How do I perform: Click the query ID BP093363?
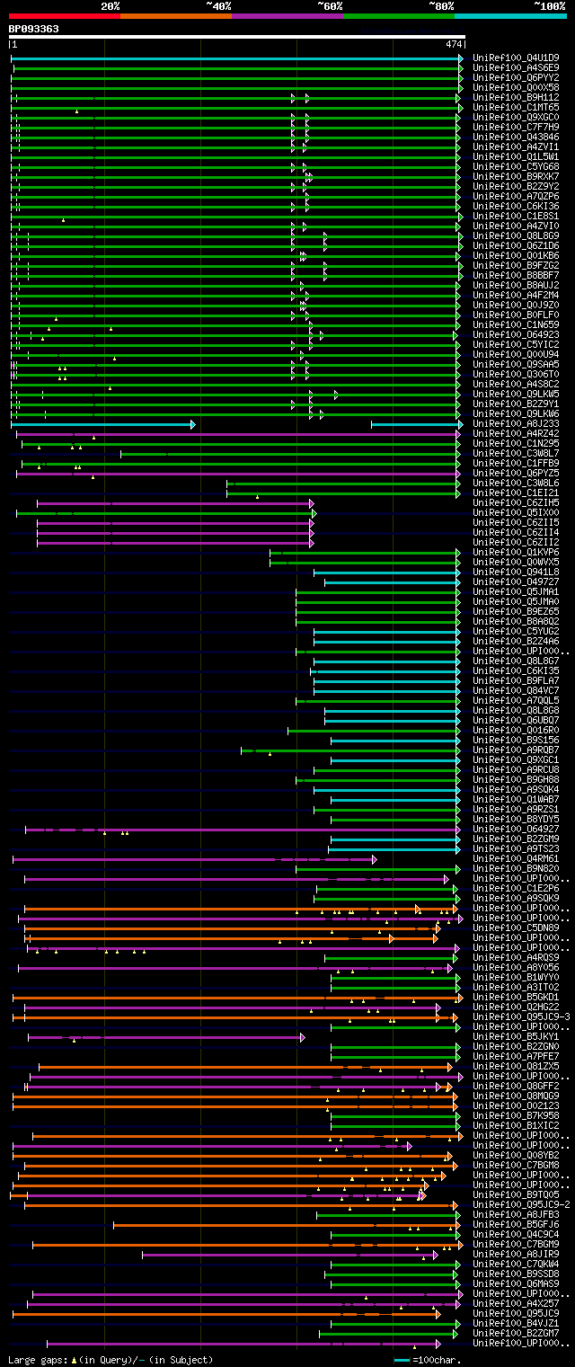(34, 29)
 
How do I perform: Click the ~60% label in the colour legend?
(330, 6)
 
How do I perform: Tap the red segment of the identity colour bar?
(64, 16)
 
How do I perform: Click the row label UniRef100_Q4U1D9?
(515, 58)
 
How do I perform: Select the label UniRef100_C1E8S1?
(515, 216)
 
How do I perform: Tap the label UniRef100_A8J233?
(515, 423)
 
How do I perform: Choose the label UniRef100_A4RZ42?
(515, 433)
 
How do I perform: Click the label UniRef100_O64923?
(515, 334)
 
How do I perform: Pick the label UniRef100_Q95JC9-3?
(520, 1016)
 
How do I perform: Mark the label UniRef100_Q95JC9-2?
(520, 1204)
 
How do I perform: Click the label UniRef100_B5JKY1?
(515, 1036)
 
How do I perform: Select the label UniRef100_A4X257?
(515, 1303)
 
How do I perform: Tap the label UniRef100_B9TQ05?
(515, 1194)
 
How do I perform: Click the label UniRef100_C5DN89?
(515, 928)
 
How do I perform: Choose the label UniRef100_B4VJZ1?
(515, 1323)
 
